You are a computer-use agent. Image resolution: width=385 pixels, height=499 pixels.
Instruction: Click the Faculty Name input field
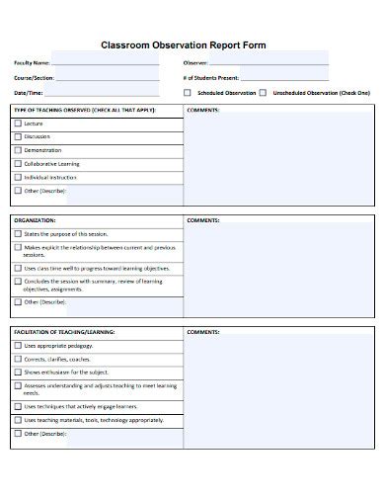(x=104, y=62)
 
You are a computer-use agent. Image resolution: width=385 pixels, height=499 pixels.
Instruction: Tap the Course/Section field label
(x=34, y=76)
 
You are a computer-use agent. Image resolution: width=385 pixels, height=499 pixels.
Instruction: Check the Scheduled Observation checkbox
(x=188, y=92)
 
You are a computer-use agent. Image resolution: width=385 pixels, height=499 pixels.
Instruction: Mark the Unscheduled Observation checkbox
(x=263, y=92)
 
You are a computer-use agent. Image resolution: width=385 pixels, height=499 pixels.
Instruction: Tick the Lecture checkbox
(x=17, y=124)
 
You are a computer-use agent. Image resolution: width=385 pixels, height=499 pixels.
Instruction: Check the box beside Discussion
(x=17, y=136)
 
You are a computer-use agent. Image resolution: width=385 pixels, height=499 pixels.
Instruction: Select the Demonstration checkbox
(x=17, y=150)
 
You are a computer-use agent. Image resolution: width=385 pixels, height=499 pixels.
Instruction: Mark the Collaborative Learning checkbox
(x=17, y=163)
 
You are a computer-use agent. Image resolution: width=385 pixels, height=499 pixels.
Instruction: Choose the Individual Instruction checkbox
(x=17, y=176)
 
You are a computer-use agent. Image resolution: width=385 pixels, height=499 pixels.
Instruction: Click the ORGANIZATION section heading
(x=35, y=220)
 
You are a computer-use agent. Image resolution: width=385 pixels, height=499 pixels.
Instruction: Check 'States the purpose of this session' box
(x=17, y=234)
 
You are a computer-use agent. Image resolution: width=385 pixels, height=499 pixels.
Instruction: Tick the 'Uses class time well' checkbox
(x=17, y=267)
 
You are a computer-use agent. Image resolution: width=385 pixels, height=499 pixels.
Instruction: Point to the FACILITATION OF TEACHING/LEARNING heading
(x=64, y=332)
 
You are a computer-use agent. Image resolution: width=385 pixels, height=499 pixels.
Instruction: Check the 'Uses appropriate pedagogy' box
(x=17, y=346)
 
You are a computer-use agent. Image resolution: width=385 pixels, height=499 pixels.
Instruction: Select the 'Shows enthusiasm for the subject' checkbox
(x=17, y=373)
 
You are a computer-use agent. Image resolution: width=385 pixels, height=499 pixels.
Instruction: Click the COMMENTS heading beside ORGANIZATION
(x=202, y=220)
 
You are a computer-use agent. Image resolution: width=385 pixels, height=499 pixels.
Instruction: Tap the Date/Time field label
(x=29, y=92)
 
